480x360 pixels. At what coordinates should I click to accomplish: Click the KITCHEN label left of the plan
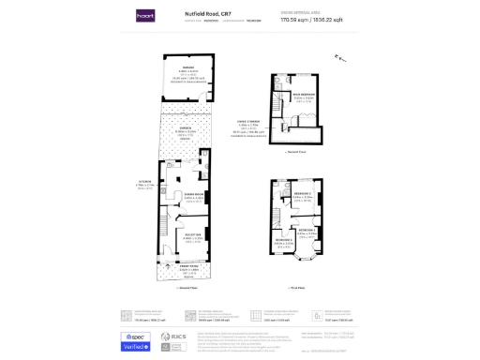point(143,183)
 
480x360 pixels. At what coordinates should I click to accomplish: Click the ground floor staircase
point(170,225)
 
